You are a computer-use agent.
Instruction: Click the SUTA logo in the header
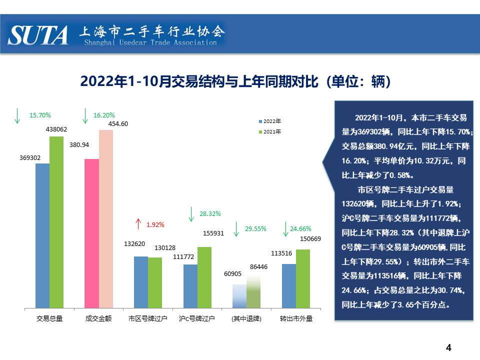coord(38,35)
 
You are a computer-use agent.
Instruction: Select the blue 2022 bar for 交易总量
coord(42,235)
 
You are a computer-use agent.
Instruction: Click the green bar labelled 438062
coord(56,222)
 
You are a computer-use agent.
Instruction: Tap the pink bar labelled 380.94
coord(91,233)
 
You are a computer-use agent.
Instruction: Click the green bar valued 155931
coord(204,277)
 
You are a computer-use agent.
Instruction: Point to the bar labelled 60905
coord(240,296)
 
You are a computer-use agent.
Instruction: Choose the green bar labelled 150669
coord(303,278)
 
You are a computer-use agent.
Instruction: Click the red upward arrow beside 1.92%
coord(138,224)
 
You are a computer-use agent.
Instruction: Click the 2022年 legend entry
coord(270,121)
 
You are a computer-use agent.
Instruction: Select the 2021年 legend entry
coord(270,132)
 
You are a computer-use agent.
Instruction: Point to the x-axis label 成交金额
coord(98,318)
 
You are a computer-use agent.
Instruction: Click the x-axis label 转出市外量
coord(296,318)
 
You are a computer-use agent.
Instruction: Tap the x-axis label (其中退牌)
coord(246,318)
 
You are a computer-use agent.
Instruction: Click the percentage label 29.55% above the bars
coord(255,229)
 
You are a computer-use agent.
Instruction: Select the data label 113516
coord(281,253)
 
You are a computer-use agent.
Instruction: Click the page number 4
coord(448,347)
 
